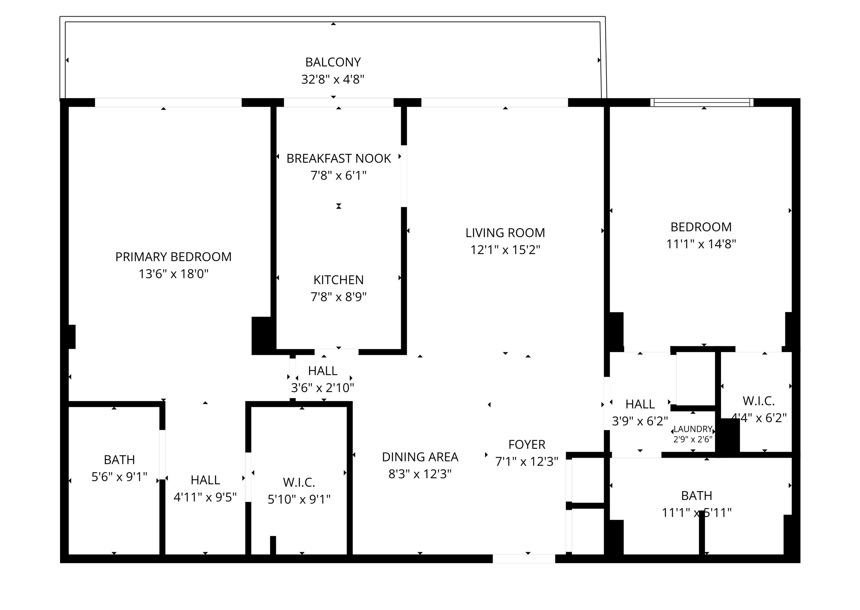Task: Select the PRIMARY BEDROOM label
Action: click(x=173, y=257)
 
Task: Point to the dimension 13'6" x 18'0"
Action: click(x=173, y=274)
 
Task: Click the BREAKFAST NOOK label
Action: click(x=338, y=158)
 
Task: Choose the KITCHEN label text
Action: click(x=338, y=280)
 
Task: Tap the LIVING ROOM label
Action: click(x=505, y=233)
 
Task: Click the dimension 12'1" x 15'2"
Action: click(x=505, y=250)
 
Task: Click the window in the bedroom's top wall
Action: click(x=701, y=103)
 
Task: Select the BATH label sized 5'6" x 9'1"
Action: click(x=119, y=460)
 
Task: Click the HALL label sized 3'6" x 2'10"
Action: click(x=322, y=371)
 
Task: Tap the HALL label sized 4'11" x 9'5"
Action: click(x=205, y=480)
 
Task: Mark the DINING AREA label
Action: click(x=420, y=457)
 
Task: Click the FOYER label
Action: click(x=526, y=445)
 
